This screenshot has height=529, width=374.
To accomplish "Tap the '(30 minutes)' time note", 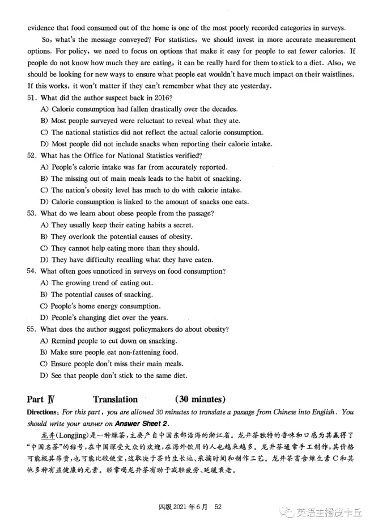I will click(200, 399).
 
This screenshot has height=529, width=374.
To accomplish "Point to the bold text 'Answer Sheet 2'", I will click(140, 423).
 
